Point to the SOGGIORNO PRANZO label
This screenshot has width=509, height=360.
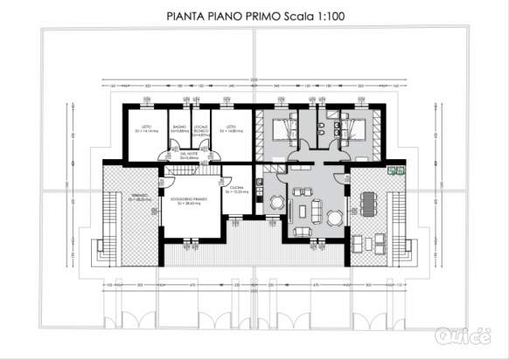click(x=189, y=200)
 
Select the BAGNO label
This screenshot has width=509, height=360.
click(x=178, y=128)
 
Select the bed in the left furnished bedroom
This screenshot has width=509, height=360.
click(x=284, y=131)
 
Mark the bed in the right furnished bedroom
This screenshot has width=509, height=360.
click(x=355, y=131)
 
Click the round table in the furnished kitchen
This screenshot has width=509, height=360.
click(x=276, y=203)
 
